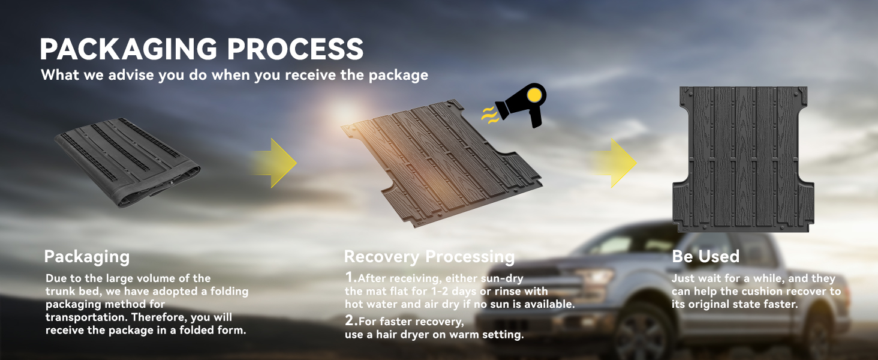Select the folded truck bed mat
(127, 162)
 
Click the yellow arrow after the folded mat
(275, 163)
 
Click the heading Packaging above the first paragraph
(87, 257)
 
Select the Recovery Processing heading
(429, 257)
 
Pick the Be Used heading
(705, 257)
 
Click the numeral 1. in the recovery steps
(351, 278)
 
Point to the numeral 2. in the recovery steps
(351, 321)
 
